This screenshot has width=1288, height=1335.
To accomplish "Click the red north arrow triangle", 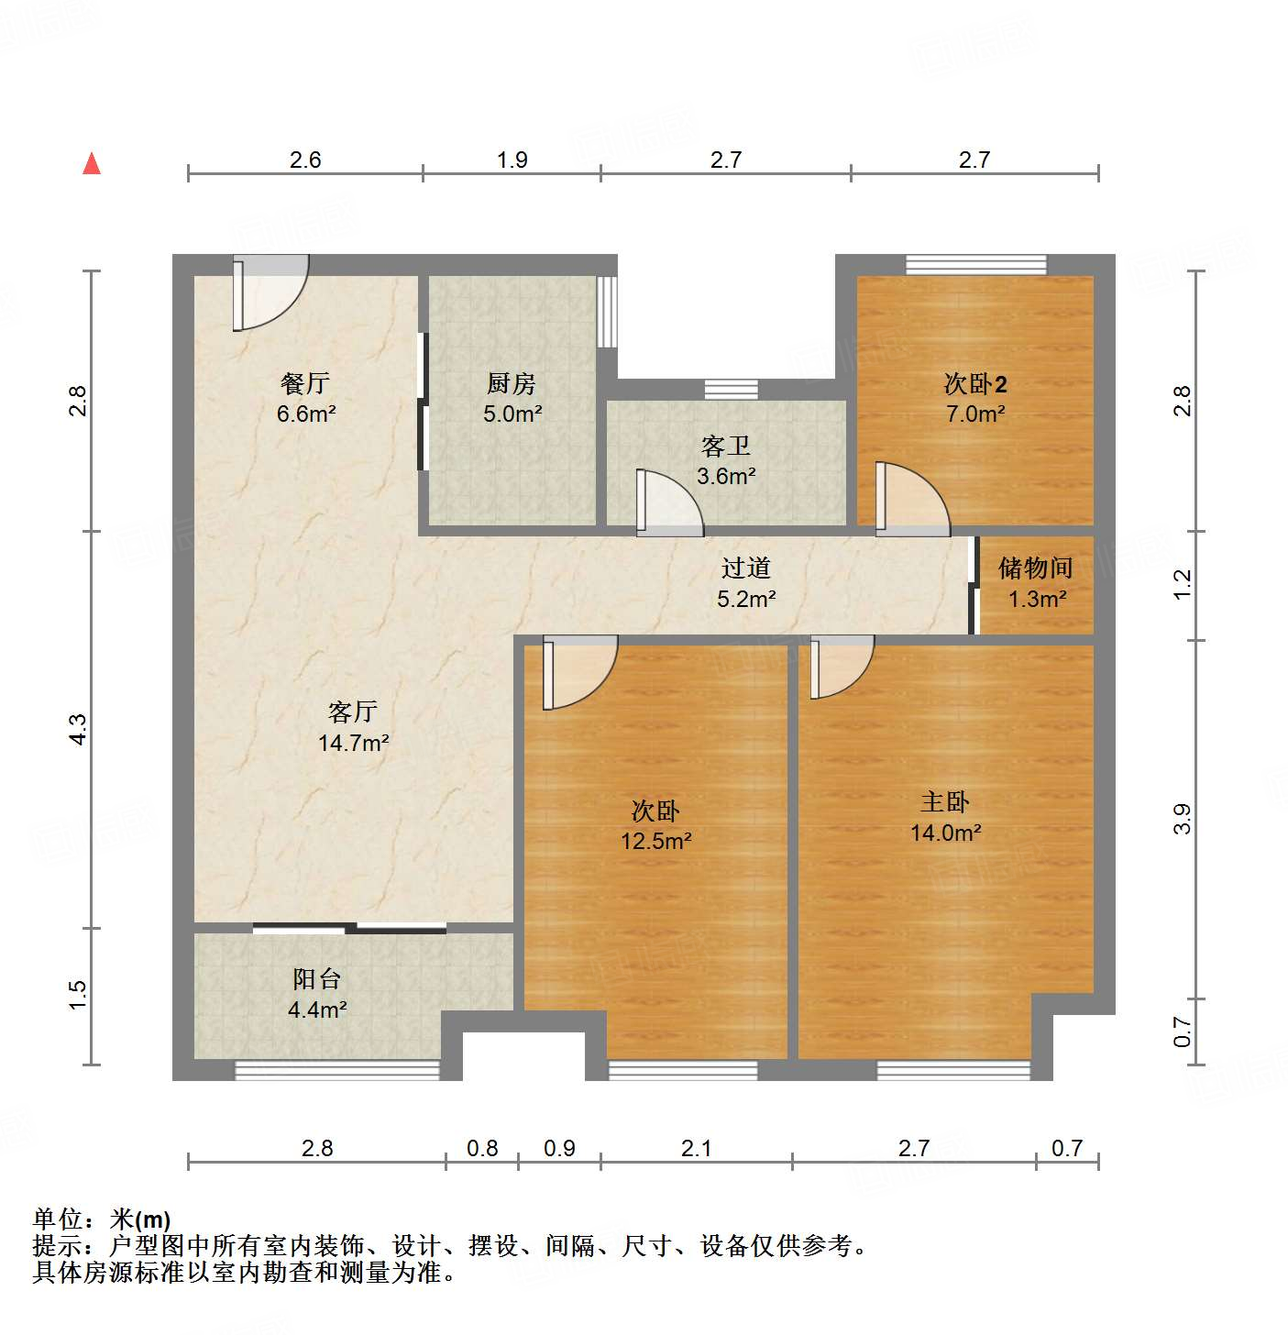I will (92, 164).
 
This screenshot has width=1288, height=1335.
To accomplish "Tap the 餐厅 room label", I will (305, 383).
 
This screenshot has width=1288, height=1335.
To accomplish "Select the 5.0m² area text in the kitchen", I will (512, 414).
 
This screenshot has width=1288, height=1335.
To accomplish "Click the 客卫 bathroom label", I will (726, 447).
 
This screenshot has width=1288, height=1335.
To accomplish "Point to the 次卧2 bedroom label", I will (975, 383).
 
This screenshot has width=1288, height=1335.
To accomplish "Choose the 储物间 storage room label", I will (1036, 568).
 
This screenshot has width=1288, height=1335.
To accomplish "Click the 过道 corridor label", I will (745, 568).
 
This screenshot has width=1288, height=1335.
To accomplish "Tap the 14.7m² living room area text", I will (353, 743).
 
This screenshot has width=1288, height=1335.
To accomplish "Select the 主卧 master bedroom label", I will (945, 802).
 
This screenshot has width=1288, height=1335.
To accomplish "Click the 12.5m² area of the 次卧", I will (655, 841).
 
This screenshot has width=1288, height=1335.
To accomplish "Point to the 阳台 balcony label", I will (317, 979).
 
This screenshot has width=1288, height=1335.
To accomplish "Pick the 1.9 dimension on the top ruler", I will (512, 160).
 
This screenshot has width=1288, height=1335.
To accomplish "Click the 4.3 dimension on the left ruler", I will (79, 729).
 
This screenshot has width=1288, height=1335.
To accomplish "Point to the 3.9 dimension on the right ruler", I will (1183, 819).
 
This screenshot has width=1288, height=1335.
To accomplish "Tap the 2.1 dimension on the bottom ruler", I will (696, 1148).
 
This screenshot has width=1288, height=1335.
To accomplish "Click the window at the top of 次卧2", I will (975, 264).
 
